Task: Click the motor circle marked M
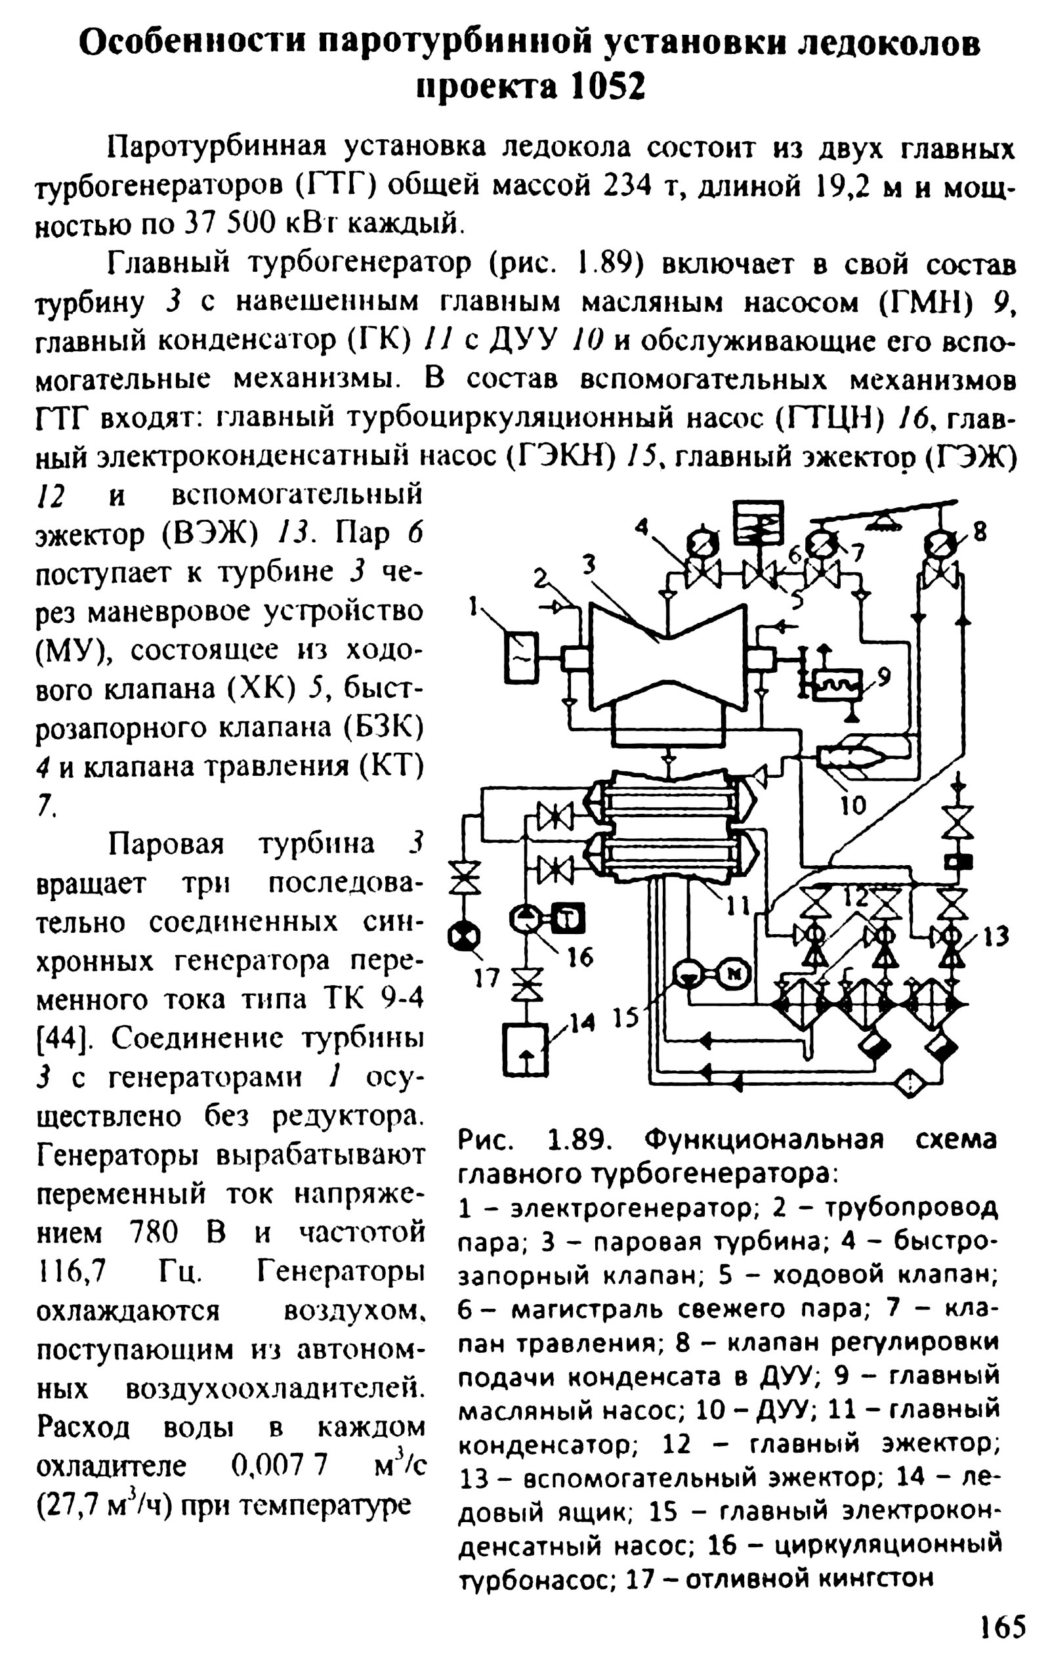(735, 973)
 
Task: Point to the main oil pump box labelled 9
(836, 685)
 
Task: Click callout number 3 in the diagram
(588, 564)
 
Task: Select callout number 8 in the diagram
(979, 532)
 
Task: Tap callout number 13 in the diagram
(996, 936)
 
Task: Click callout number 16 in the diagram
(581, 956)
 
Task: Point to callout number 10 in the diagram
(853, 805)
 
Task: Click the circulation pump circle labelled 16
(524, 918)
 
